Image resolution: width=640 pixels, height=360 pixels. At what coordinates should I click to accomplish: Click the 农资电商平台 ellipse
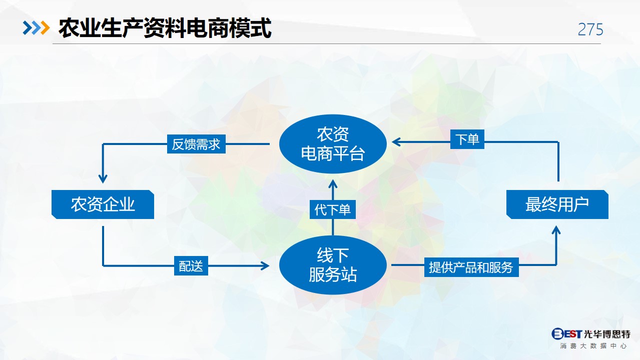333,144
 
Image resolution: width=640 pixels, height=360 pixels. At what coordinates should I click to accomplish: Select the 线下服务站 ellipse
333,265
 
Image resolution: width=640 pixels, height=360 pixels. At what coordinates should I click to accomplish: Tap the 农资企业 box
103,204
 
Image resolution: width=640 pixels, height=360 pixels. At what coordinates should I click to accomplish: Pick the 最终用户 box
557,204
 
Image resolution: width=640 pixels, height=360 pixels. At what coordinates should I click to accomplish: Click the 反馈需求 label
196,144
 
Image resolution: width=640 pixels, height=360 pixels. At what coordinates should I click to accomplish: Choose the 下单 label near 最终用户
467,139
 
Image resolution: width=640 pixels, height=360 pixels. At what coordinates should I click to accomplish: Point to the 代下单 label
333,209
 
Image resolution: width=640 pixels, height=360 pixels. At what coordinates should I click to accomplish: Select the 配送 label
191,266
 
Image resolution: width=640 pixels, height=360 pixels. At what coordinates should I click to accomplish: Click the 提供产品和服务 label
471,267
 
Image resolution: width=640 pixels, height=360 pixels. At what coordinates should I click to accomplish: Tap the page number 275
590,29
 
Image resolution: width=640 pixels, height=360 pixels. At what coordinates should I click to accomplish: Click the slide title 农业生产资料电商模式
165,28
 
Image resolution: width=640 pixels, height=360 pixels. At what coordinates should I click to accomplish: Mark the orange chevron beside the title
45,28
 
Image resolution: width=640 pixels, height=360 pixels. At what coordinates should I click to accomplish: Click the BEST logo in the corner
566,333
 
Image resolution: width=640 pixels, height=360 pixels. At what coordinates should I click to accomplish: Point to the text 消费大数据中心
593,346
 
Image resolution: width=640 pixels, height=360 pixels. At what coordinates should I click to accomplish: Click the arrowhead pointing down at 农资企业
103,178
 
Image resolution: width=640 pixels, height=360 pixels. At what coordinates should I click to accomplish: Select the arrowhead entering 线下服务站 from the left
264,266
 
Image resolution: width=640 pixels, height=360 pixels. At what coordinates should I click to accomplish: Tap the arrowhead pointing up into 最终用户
556,230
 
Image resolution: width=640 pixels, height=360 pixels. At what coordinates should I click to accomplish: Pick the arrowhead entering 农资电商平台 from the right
397,142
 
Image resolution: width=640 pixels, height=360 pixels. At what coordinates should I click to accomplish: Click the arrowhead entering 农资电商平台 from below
333,184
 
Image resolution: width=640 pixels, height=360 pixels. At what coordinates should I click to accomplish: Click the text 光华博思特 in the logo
607,333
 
